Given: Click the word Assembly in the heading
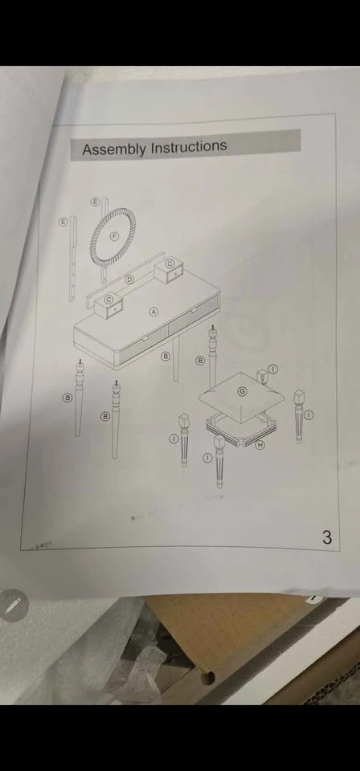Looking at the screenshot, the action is [x=115, y=149].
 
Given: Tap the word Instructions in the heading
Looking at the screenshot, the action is [x=189, y=146].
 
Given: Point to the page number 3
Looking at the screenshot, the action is [x=327, y=537].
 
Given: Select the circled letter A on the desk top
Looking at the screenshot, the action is [x=154, y=312].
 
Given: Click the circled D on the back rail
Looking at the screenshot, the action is [x=130, y=279].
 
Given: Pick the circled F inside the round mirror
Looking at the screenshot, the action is [x=114, y=236].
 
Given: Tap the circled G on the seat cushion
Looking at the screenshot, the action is [x=242, y=391].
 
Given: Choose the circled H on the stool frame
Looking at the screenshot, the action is [x=260, y=444].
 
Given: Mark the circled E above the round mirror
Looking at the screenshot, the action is [x=96, y=201].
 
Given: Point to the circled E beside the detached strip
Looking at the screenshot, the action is [x=63, y=222].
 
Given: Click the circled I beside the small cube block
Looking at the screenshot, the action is [x=274, y=369].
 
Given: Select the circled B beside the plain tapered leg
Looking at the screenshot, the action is [x=166, y=356].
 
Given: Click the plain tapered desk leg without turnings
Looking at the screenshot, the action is [x=176, y=360].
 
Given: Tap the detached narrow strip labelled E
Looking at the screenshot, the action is [x=73, y=258].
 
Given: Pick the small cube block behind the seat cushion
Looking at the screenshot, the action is [x=262, y=376].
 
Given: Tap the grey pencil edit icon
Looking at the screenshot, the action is [x=14, y=605].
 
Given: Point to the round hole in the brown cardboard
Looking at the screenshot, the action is [x=208, y=678].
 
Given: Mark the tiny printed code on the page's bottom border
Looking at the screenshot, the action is [x=43, y=545].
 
